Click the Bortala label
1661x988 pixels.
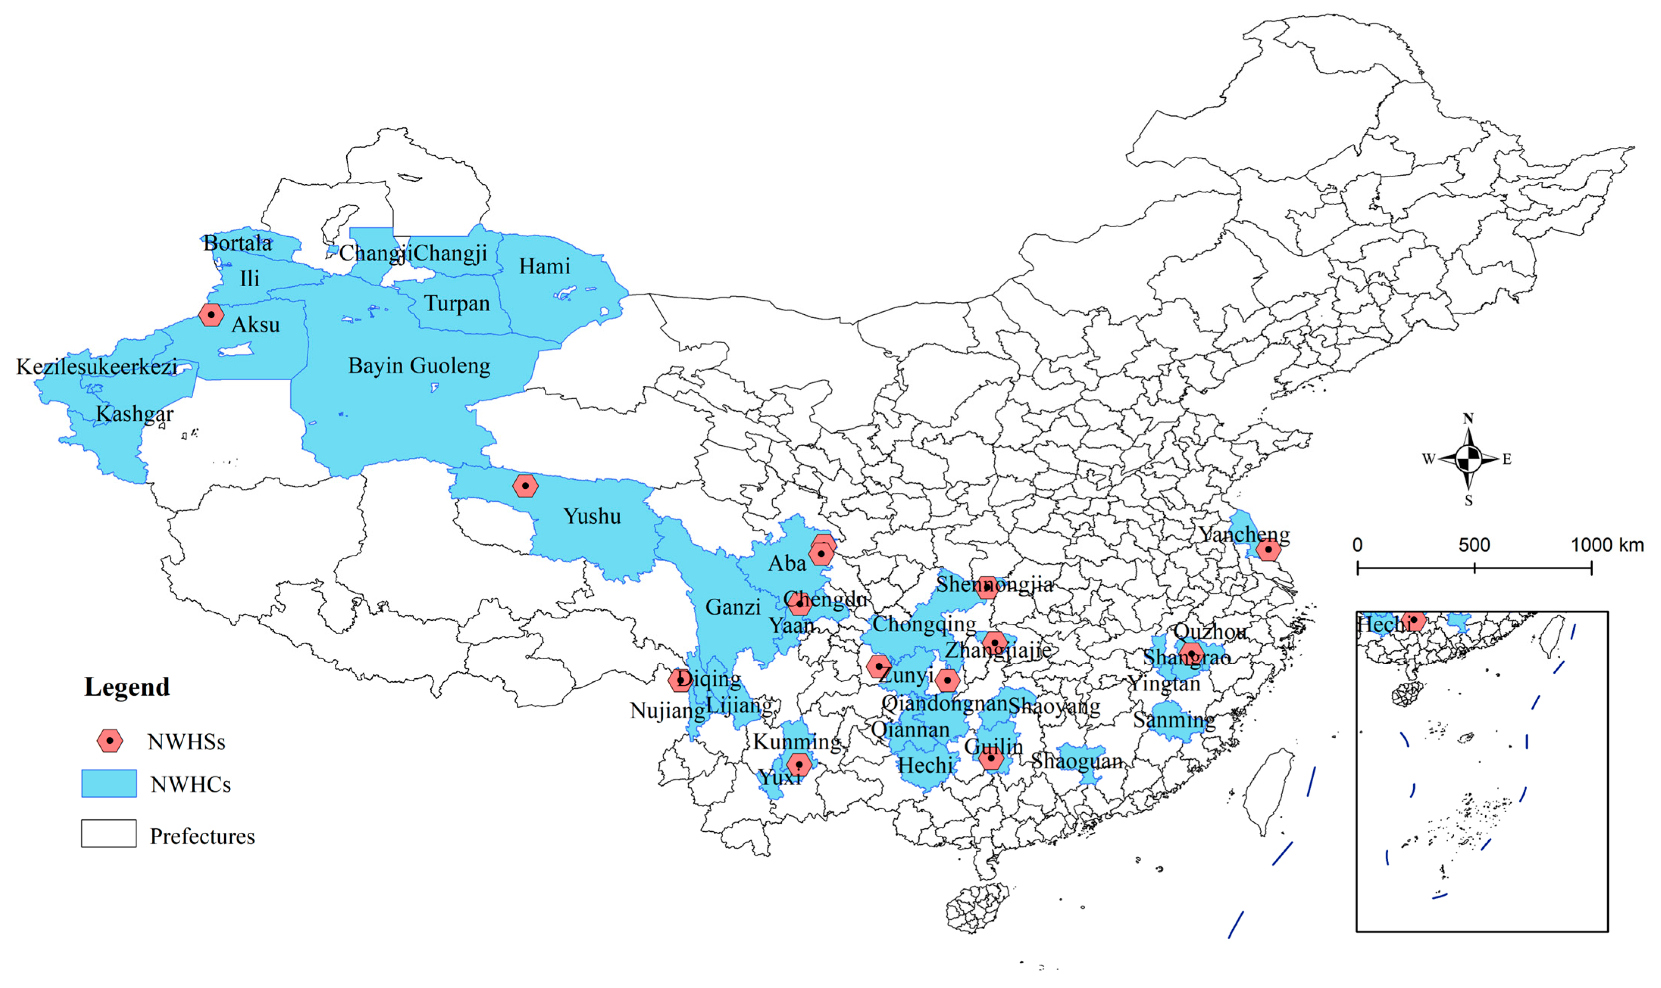(237, 243)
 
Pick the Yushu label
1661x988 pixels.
(592, 516)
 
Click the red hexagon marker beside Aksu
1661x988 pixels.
(211, 314)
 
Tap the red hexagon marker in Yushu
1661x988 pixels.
(525, 486)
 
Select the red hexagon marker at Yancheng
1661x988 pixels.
(1268, 550)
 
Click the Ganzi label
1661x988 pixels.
(732, 607)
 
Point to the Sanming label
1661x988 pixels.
(1173, 720)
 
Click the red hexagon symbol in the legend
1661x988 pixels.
(110, 741)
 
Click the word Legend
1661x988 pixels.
(127, 687)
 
